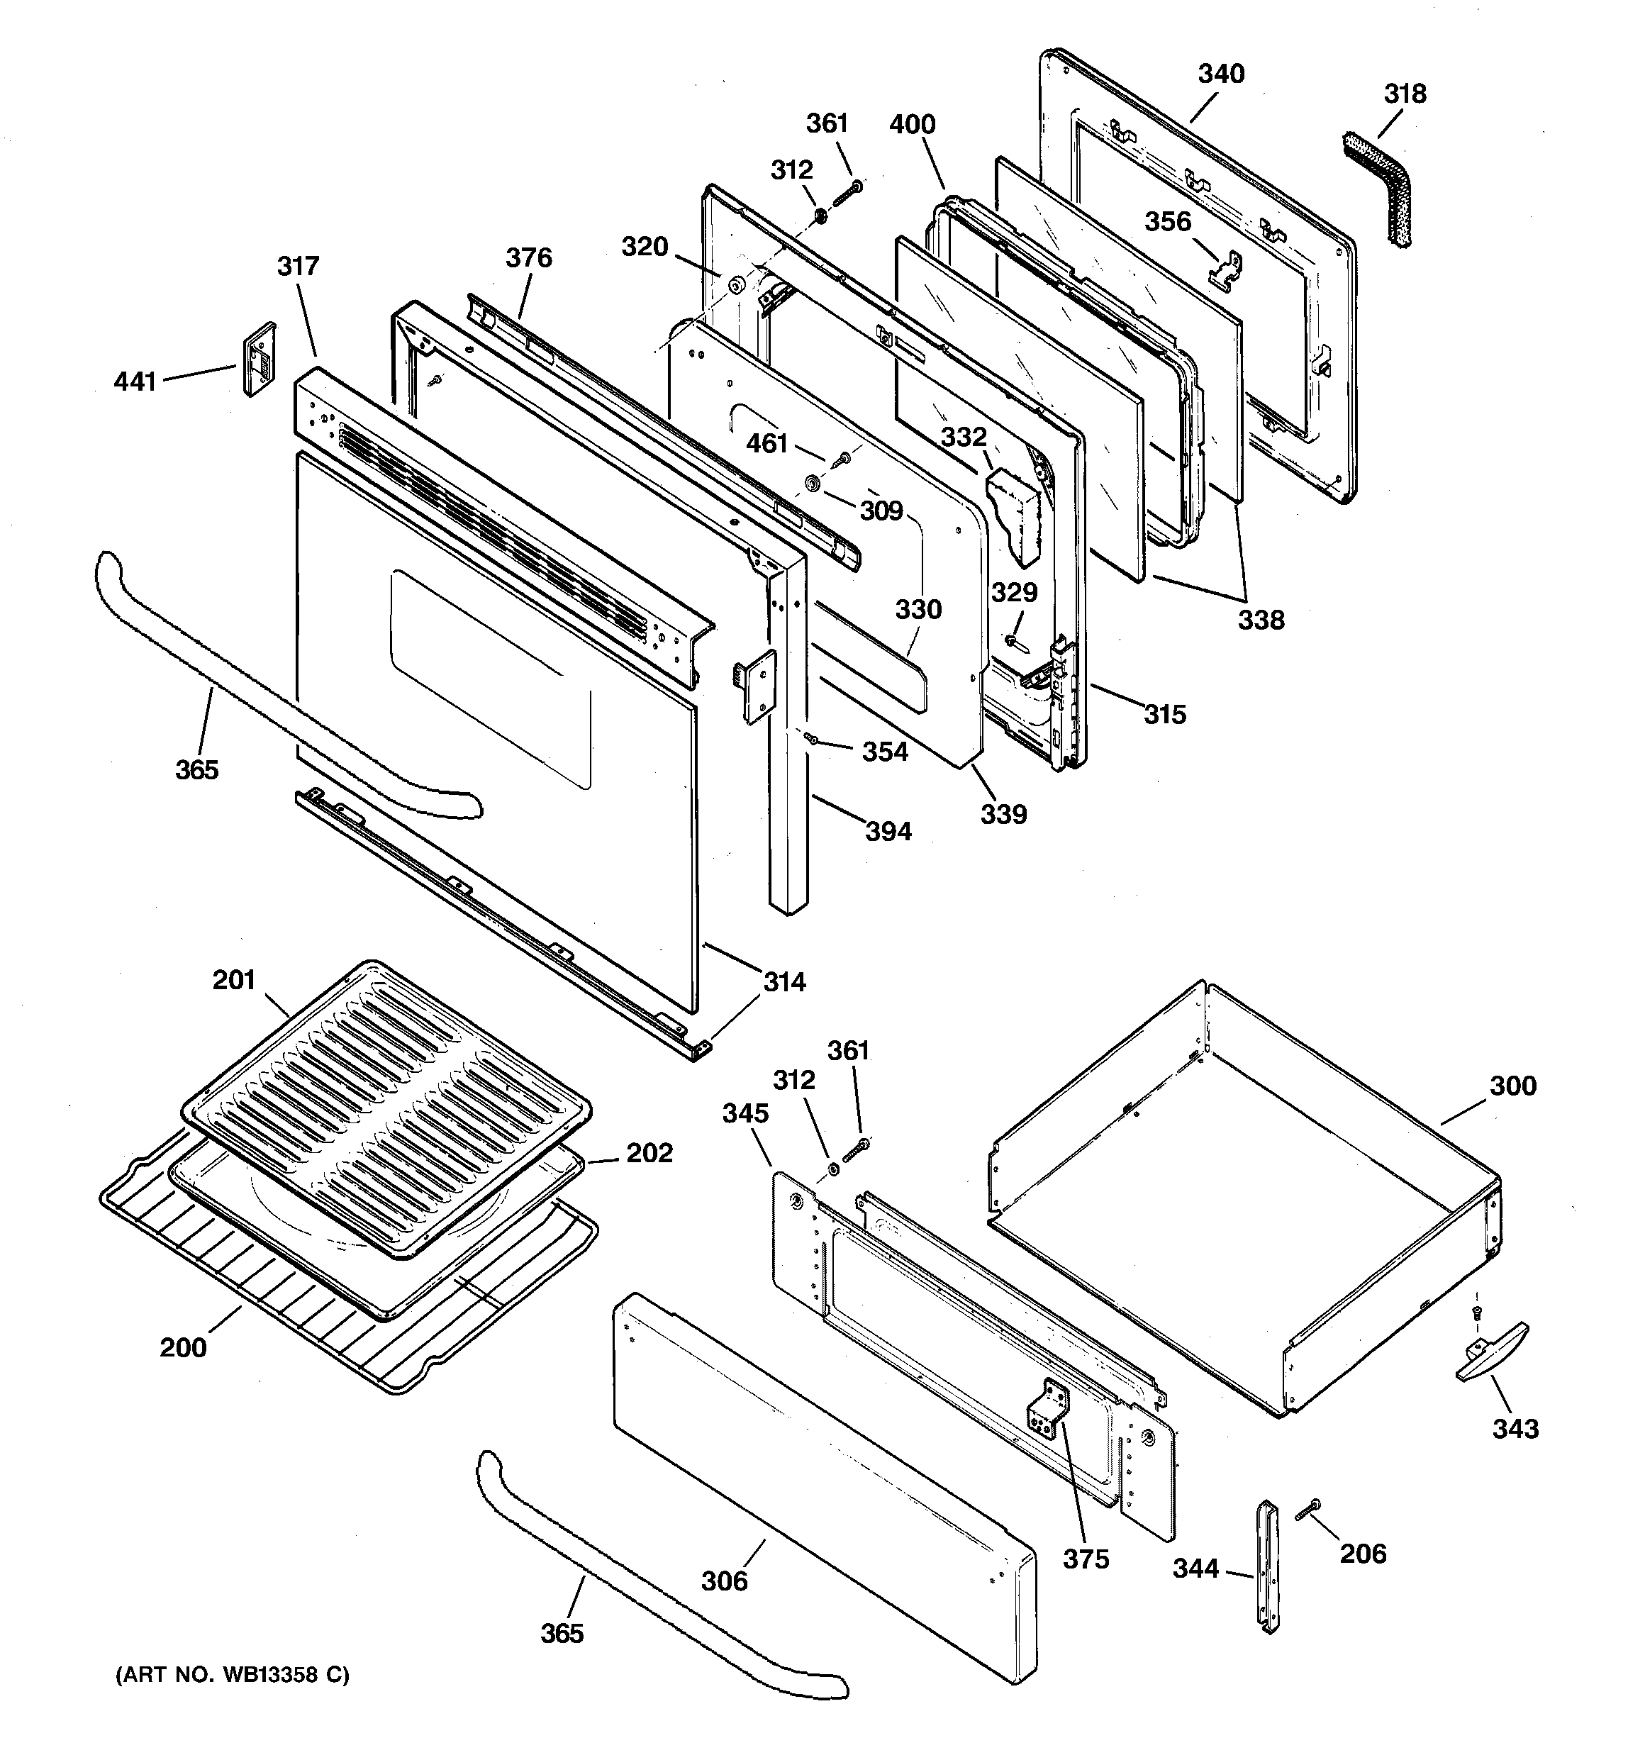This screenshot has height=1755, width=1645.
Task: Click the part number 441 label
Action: [x=135, y=381]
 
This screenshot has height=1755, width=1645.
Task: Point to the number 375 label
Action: [x=1085, y=1559]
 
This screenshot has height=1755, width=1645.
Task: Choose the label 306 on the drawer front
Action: [x=724, y=1580]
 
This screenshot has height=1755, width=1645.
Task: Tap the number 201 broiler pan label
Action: [x=234, y=980]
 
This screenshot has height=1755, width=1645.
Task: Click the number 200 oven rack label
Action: [x=184, y=1347]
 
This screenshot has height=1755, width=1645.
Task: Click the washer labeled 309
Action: [x=813, y=484]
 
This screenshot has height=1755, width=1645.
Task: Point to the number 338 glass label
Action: [x=1260, y=620]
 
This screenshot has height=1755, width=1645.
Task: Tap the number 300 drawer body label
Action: [x=1513, y=1085]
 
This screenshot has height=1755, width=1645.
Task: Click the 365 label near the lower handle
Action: [x=562, y=1633]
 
